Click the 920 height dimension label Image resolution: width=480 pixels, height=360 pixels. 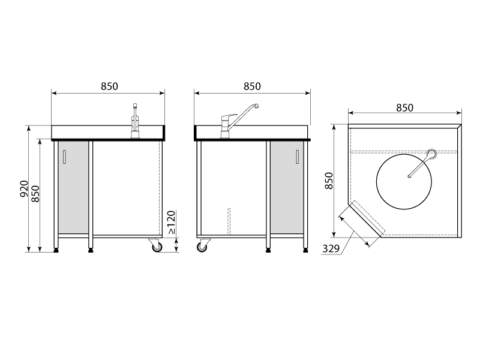(x=24, y=188)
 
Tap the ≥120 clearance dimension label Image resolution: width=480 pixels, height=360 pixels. (x=172, y=222)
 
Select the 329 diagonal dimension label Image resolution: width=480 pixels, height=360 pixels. (x=331, y=249)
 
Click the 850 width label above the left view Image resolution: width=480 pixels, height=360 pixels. (x=109, y=86)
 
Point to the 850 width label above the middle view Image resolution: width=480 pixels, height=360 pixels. (x=252, y=86)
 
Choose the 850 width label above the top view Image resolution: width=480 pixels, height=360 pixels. (x=404, y=108)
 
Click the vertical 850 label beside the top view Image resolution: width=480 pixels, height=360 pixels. (x=329, y=181)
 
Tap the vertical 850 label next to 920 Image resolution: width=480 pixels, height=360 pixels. (x=35, y=193)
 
